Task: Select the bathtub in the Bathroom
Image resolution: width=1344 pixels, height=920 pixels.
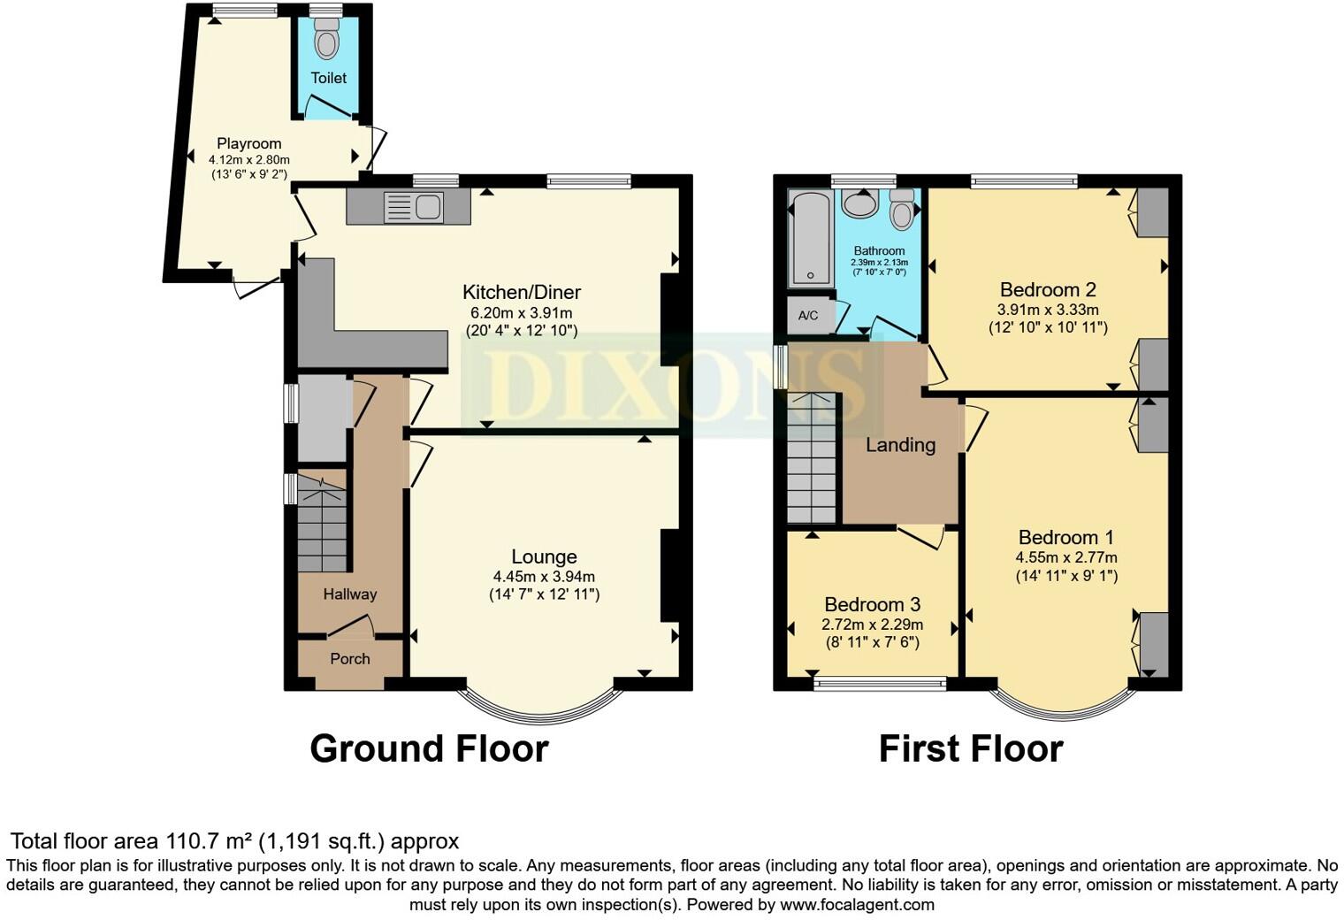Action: [x=810, y=239]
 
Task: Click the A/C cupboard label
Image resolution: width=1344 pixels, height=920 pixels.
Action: [x=807, y=316]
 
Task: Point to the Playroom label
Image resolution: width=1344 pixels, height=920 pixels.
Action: [x=249, y=143]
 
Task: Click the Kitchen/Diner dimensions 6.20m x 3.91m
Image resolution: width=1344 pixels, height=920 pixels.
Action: [x=521, y=313]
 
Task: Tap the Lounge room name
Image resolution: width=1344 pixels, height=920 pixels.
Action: [x=544, y=556]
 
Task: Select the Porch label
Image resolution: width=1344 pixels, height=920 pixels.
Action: [x=350, y=659]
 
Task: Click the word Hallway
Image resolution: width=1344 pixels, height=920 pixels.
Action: [x=349, y=594]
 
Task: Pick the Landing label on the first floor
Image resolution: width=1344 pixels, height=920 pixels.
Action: [x=900, y=445]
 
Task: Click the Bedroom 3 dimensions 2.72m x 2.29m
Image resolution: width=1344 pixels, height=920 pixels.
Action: [x=872, y=625]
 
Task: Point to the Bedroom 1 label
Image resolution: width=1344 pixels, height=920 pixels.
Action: [x=1065, y=537]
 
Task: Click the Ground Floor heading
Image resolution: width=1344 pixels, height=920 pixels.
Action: [x=429, y=748]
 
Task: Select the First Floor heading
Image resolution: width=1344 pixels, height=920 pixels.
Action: [x=970, y=748]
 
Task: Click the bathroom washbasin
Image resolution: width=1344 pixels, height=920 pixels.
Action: [x=859, y=203]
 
